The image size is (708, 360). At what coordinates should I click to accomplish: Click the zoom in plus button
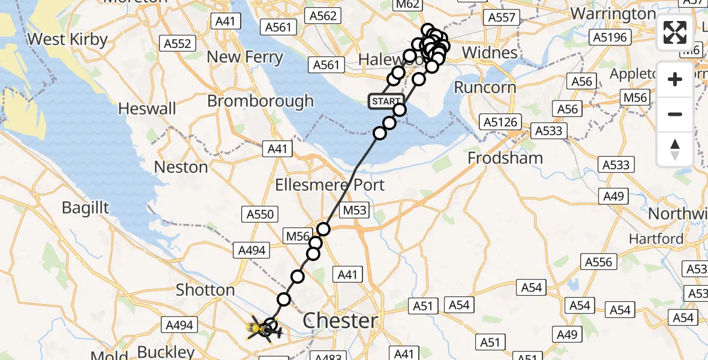click(x=675, y=79)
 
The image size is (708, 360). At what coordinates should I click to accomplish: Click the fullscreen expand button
click(x=675, y=32)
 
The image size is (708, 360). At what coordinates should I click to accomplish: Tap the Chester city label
click(x=341, y=320)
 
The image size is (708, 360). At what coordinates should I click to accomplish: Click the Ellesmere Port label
click(x=329, y=185)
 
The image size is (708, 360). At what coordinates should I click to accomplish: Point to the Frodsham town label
click(x=505, y=158)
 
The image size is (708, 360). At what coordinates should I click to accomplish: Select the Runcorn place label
click(x=485, y=87)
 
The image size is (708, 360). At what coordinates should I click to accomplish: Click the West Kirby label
click(x=67, y=40)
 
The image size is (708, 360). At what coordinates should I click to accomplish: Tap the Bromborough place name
click(x=260, y=101)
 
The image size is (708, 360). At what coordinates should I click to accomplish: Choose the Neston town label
click(x=181, y=167)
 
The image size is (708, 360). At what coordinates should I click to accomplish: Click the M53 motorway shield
click(x=355, y=211)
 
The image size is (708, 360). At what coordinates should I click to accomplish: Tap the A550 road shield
click(x=260, y=214)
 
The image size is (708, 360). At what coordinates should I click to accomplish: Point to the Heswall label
click(x=148, y=109)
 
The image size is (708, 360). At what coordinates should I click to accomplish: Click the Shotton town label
click(x=205, y=290)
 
